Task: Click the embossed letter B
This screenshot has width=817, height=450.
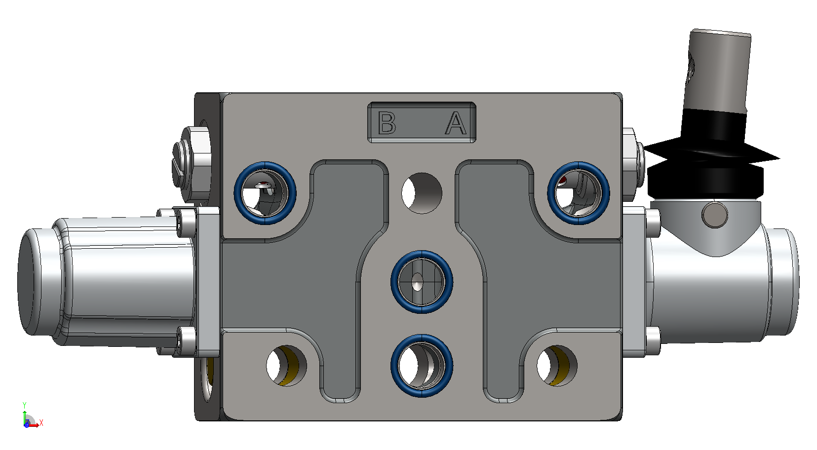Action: (387, 123)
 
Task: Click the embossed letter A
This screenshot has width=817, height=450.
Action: (456, 123)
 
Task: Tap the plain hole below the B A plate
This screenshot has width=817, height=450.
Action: (422, 193)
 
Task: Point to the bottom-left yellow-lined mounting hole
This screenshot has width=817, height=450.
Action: (287, 366)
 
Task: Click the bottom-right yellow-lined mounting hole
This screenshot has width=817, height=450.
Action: (557, 366)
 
